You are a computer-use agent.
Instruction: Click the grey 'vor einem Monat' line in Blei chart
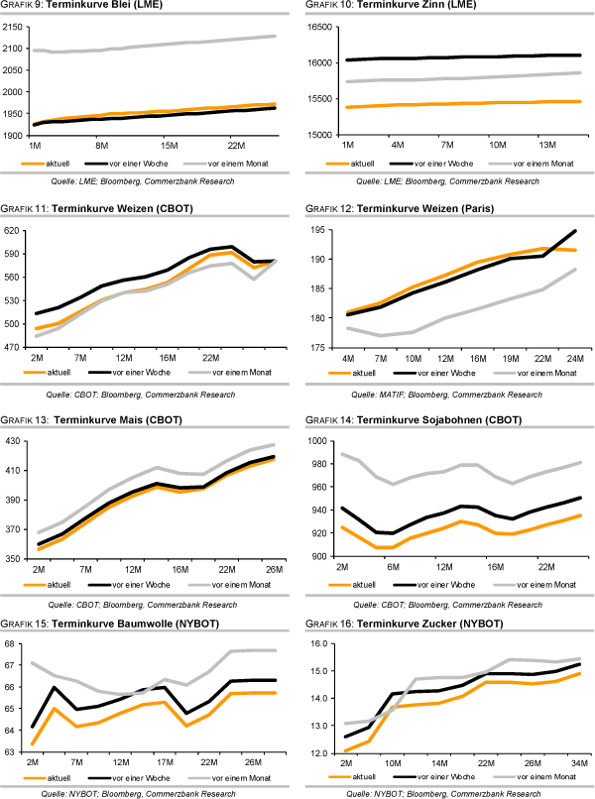click(x=149, y=45)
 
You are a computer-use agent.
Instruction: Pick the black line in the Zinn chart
click(x=446, y=57)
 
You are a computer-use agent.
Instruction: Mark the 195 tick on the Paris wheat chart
click(x=321, y=230)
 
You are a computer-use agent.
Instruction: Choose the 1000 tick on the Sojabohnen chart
click(x=319, y=440)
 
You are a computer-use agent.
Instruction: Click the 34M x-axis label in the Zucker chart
click(x=576, y=763)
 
